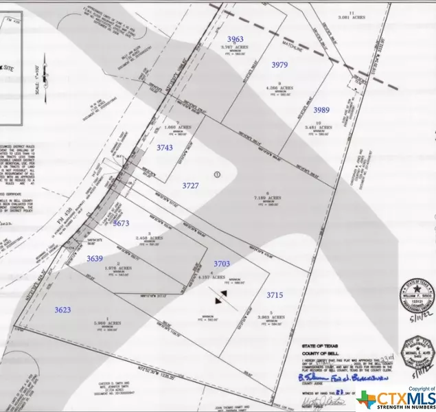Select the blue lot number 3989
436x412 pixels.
point(321,110)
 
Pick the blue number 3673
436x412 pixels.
point(122,223)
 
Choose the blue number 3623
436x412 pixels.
point(62,310)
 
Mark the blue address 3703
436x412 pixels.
point(222,264)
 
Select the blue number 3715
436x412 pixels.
point(275,295)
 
